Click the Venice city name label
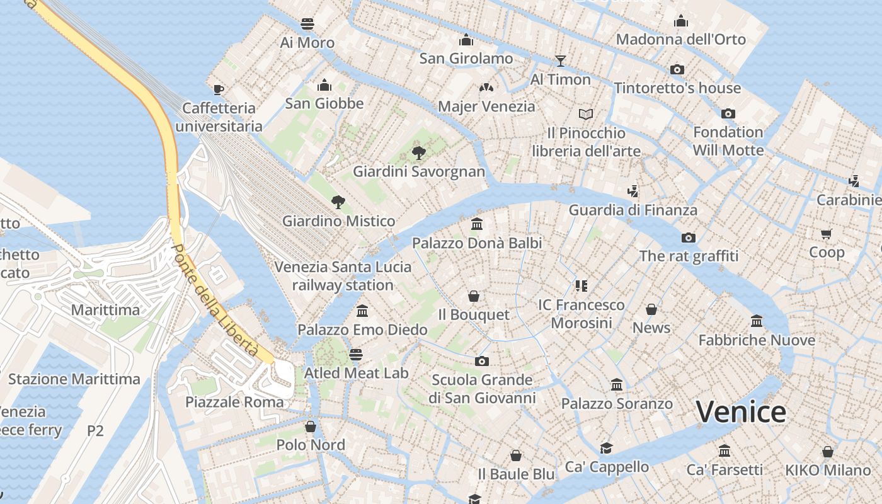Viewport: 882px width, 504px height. point(741,412)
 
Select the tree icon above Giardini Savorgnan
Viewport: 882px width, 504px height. point(418,152)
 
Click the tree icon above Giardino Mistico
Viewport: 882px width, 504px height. point(338,202)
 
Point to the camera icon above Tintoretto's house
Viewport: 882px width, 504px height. point(677,69)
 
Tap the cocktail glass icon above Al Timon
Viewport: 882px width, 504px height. point(560,60)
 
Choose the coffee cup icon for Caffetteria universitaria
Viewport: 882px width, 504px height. point(219,89)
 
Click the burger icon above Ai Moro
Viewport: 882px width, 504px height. point(307,24)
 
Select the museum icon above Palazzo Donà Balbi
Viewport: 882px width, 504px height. point(477,224)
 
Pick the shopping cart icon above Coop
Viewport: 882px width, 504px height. point(826,234)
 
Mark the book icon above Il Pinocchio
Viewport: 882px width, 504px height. point(586,115)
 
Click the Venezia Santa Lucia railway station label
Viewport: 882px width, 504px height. point(343,276)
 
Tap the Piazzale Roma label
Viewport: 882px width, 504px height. point(234,402)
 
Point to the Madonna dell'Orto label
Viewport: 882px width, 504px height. point(680,39)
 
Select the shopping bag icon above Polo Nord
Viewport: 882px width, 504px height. point(311,427)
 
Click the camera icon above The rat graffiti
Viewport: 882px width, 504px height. point(688,238)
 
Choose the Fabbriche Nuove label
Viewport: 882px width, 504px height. point(757,340)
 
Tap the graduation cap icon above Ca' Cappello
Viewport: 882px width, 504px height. point(606,448)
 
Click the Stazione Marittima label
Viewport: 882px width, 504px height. point(74,379)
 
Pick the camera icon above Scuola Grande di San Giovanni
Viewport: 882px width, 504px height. point(482,361)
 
